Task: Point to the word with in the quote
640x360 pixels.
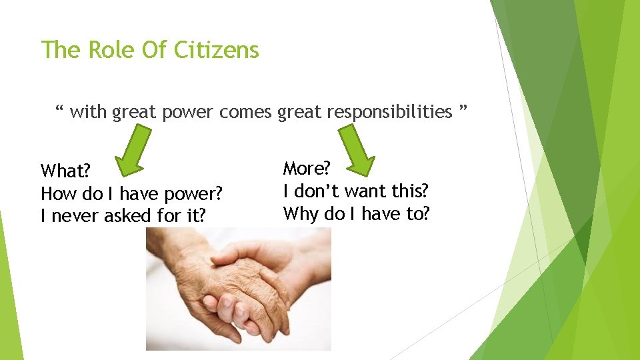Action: pos(88,112)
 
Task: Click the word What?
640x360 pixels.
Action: pos(61,171)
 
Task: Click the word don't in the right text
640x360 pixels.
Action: pos(319,191)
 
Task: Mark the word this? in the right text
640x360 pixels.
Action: pos(409,191)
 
